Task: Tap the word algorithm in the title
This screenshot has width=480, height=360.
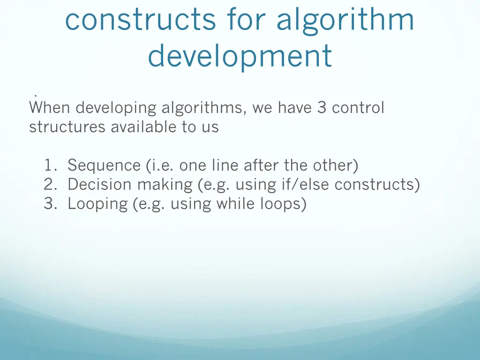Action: tap(345, 20)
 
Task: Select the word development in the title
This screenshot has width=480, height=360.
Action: tap(240, 55)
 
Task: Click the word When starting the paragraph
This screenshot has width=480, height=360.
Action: tap(50, 108)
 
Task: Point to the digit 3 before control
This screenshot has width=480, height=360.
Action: tap(322, 108)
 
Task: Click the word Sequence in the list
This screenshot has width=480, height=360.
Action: tap(104, 165)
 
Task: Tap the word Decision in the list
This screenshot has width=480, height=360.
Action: tap(100, 185)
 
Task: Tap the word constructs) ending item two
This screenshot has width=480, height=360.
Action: tap(377, 185)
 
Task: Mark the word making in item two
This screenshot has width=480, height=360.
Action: tap(165, 185)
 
